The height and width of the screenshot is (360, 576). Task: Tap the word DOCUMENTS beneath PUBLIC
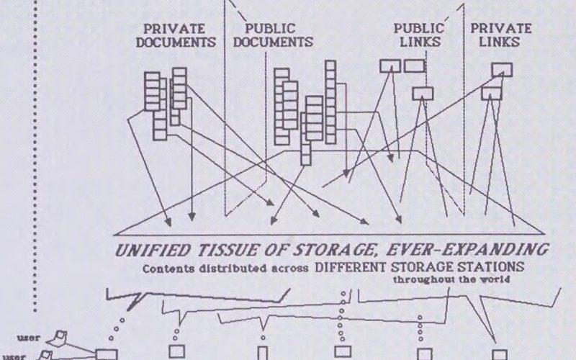click(274, 42)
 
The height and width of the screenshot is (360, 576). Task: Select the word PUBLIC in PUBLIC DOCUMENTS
click(271, 29)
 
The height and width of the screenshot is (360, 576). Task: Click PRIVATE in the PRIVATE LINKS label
click(502, 29)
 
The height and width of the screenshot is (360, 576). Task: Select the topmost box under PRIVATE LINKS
click(502, 69)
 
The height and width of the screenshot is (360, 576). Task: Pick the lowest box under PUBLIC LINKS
click(423, 93)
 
